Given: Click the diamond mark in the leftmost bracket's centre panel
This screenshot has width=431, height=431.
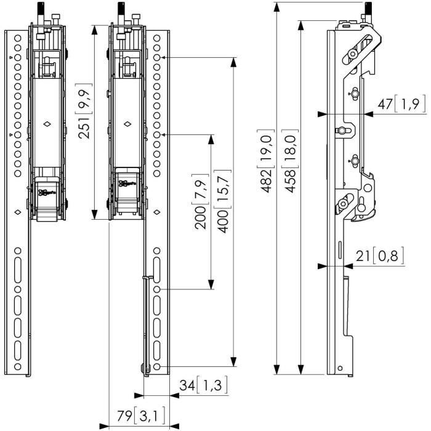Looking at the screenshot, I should tap(47, 126).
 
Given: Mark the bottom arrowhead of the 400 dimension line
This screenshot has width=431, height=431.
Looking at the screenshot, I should tap(234, 363).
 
